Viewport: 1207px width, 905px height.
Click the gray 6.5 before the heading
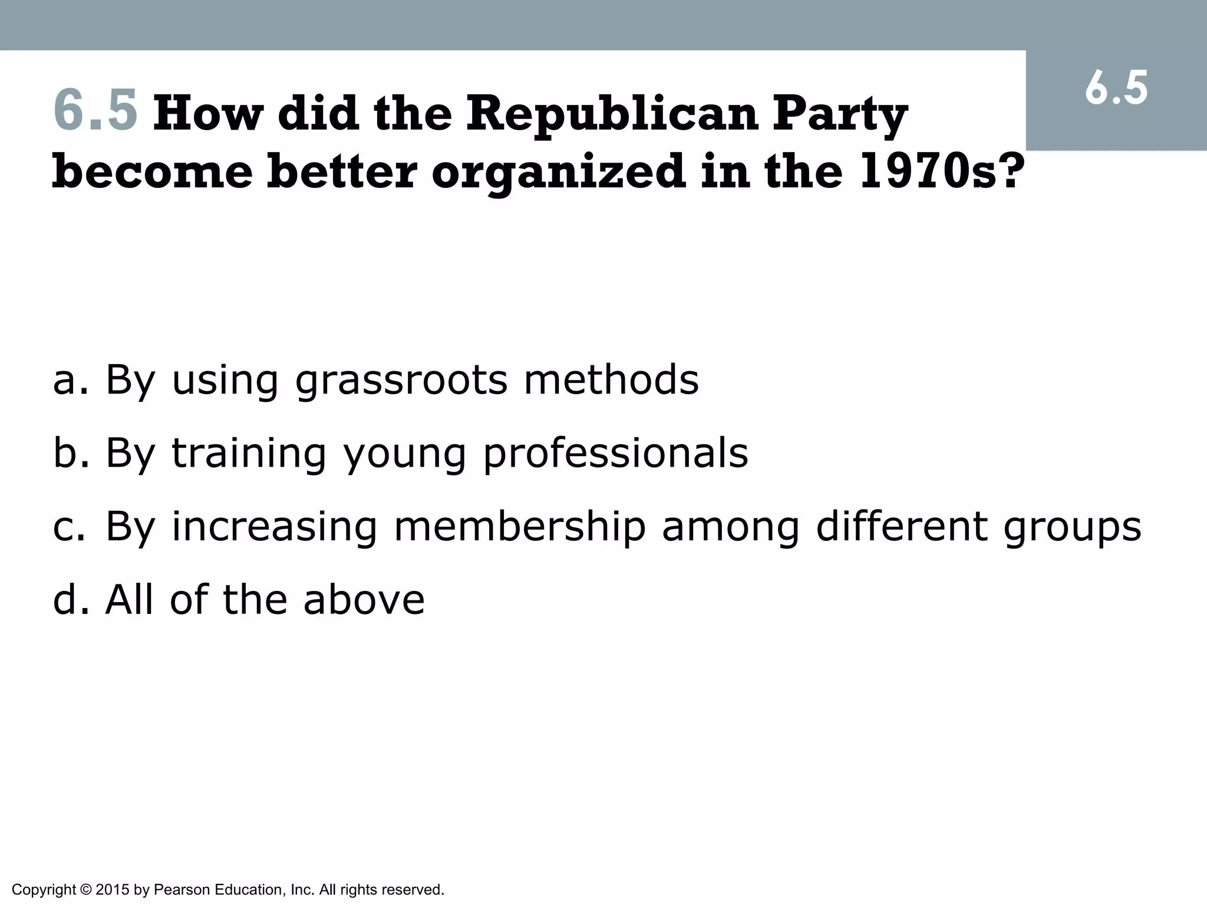pyautogui.click(x=95, y=110)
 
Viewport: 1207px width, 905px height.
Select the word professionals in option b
pyautogui.click(x=615, y=454)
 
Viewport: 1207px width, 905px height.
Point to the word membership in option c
pyautogui.click(x=520, y=526)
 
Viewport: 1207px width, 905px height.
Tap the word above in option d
pyautogui.click(x=364, y=599)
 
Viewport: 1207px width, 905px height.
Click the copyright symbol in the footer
pyautogui.click(x=85, y=889)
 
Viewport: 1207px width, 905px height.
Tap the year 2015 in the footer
pyautogui.click(x=112, y=889)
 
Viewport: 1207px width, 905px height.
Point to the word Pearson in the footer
pyautogui.click(x=182, y=889)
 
